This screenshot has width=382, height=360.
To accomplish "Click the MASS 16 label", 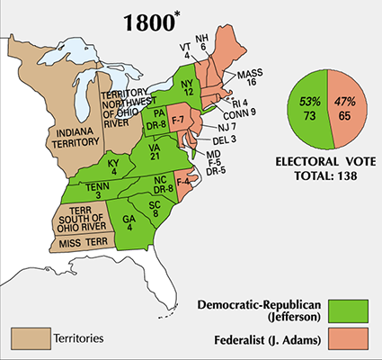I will (x=251, y=76).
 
